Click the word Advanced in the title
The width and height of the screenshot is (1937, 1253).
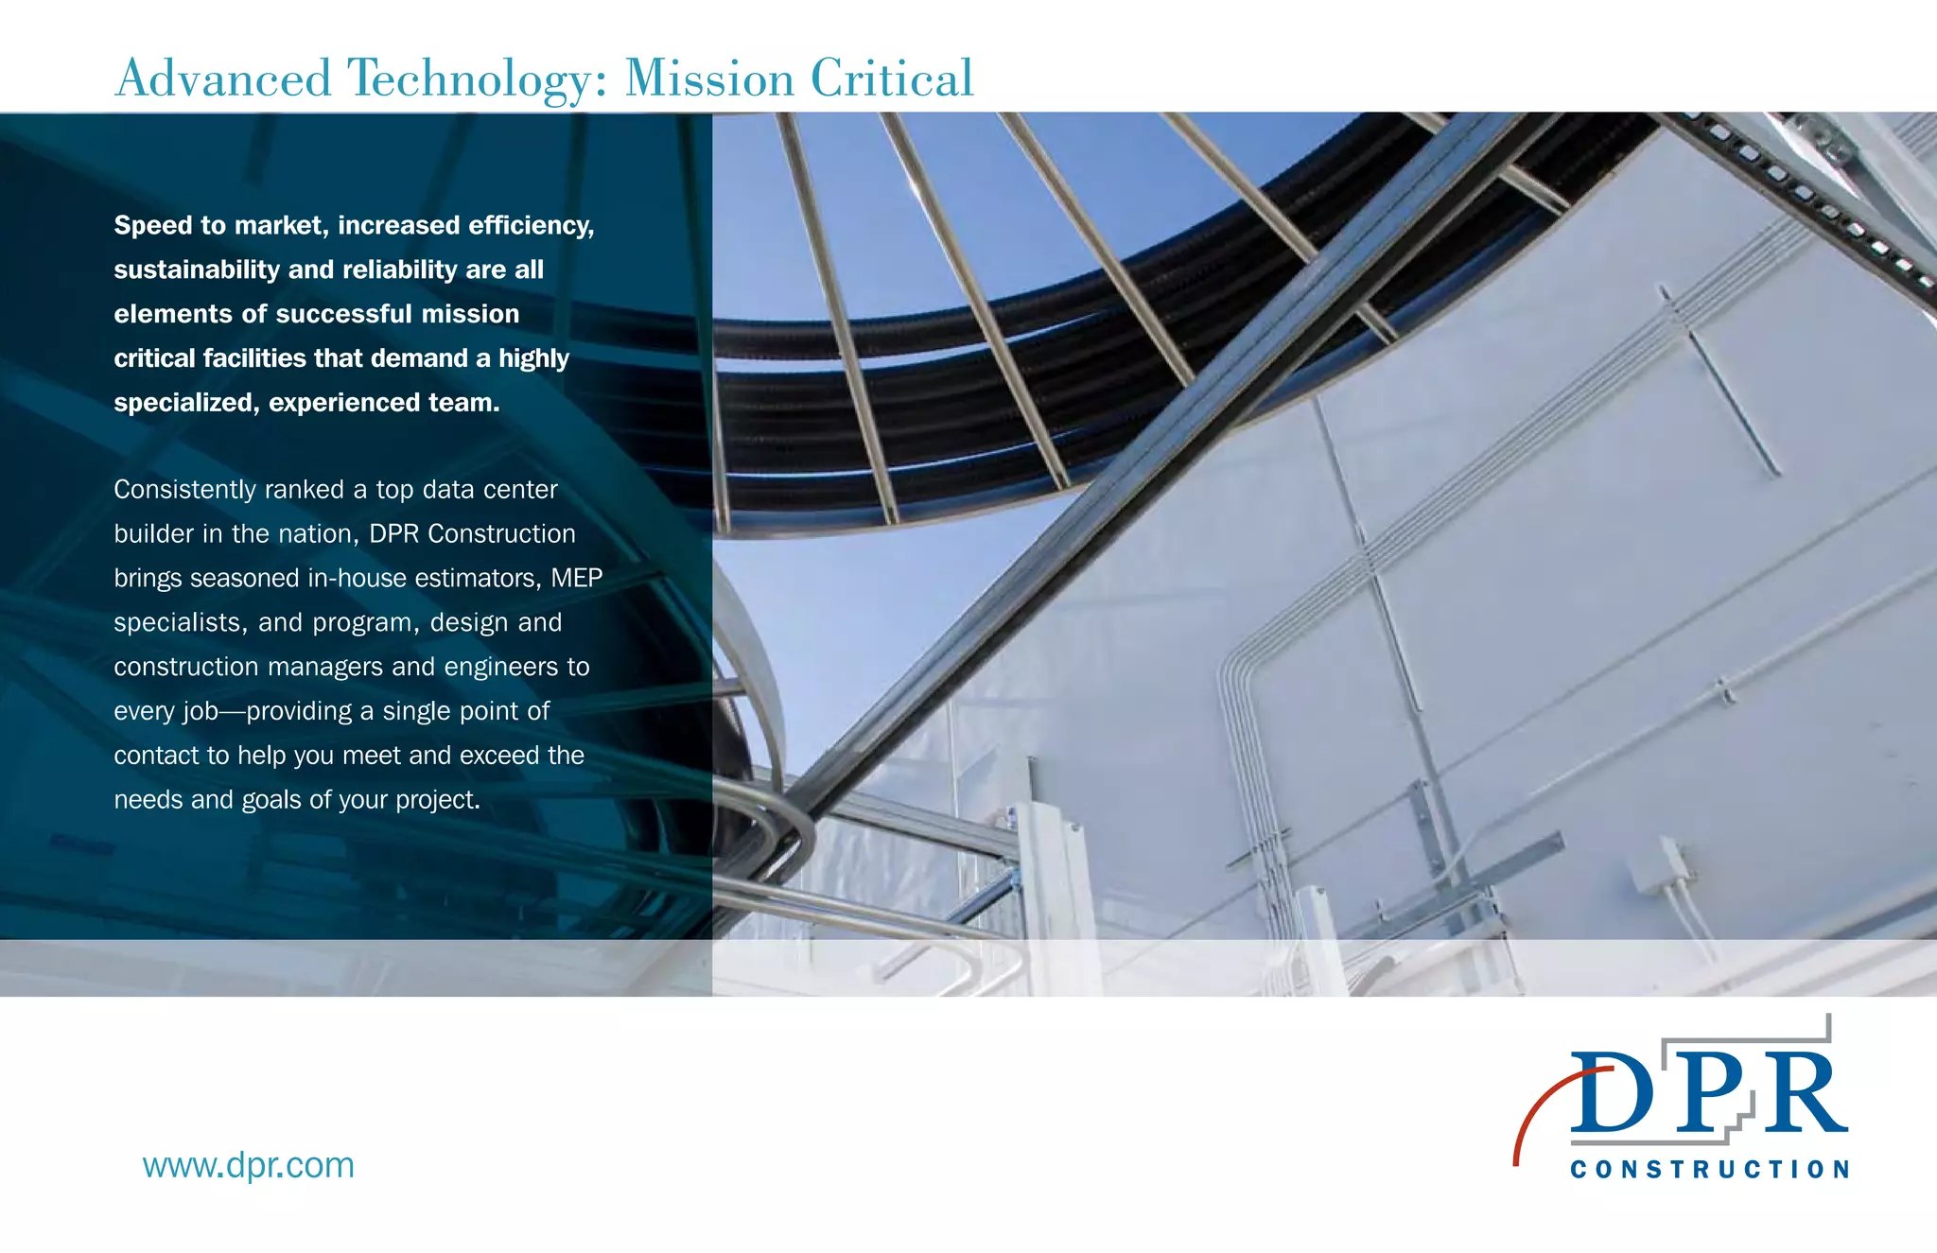223,78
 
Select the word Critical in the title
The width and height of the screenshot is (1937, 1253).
892,78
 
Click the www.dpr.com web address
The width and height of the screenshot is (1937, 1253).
248,1165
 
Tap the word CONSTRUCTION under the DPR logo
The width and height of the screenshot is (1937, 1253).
1710,1170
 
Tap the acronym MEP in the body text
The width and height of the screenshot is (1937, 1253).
577,578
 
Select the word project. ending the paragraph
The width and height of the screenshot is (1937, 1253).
438,800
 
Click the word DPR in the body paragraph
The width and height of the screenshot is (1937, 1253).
393,534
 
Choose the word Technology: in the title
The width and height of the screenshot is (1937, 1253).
479,78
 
